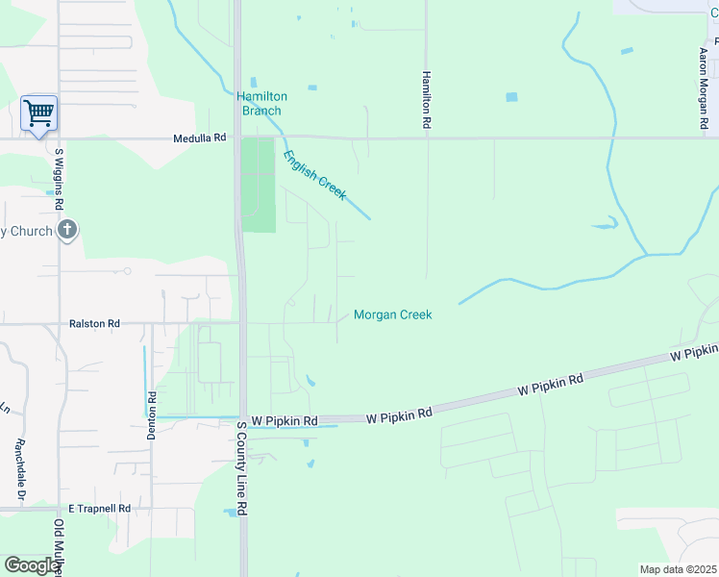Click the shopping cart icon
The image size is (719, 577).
point(38,113)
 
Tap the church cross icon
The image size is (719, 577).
point(66,230)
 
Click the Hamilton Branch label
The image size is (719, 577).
point(261,103)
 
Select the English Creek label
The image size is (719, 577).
point(314,174)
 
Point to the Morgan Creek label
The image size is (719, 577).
point(392,314)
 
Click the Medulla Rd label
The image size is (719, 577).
point(199,138)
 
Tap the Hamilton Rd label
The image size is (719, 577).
point(425,100)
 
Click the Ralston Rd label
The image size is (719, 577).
point(94,324)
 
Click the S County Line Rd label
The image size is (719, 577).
point(243,468)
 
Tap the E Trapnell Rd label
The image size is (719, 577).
point(99,508)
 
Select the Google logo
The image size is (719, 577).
point(32,565)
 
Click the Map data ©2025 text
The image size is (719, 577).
point(677,570)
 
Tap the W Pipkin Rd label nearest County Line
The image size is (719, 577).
point(284,421)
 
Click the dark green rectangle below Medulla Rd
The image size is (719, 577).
point(257,185)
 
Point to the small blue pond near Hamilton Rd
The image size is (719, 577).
point(511,97)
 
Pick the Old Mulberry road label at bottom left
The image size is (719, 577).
point(59,548)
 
